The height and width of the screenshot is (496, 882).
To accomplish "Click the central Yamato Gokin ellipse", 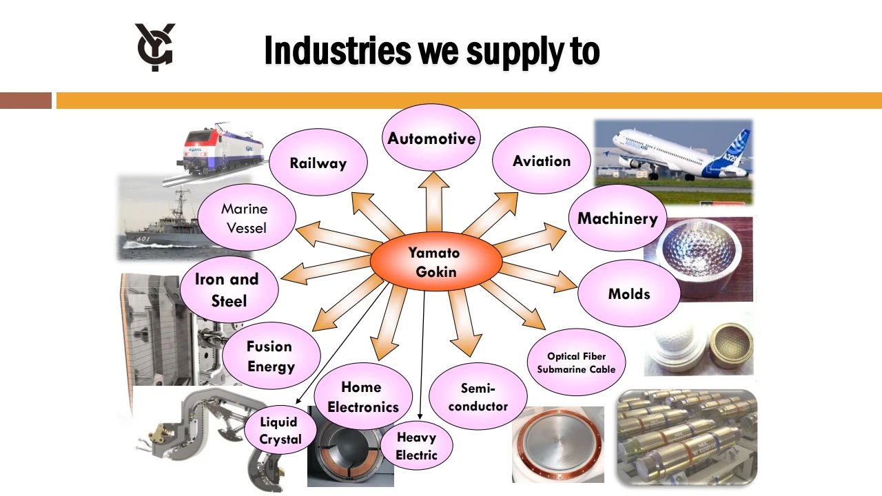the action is coord(435,262).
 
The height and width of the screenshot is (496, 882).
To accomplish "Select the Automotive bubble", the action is coord(431,138).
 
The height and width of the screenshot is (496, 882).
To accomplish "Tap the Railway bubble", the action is coord(318,163).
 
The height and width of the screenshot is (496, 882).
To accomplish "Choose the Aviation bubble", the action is coord(542,161).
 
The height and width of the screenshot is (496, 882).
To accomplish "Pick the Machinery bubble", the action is coord(617,218).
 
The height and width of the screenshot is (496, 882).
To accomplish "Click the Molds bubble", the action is coord(628,293).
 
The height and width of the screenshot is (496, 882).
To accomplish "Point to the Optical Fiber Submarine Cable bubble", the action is coord(576,362).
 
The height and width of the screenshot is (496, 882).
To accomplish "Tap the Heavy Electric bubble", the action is coord(416,446).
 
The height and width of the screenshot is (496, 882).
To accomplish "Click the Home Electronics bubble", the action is coord(362,397).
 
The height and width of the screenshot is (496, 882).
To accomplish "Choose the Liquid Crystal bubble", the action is coord(280,431).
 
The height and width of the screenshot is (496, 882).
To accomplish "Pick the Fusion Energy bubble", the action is coord(271,356).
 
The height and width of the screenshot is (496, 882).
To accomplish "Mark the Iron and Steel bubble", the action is coord(228,290).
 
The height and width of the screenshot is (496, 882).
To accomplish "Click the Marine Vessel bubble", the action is coord(245,218).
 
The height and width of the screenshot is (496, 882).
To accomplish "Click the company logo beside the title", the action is coord(155,47).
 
